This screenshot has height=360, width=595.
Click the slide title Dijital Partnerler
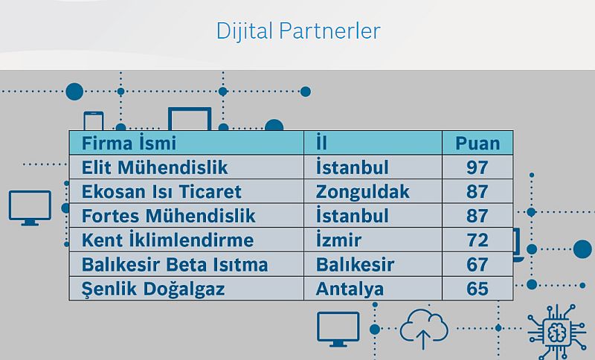click(298, 30)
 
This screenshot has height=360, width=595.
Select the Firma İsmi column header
click(129, 143)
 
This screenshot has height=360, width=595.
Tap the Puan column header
click(477, 144)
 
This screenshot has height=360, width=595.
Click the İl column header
click(321, 143)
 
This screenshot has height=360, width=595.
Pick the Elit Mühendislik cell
click(155, 167)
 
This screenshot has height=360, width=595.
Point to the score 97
click(477, 167)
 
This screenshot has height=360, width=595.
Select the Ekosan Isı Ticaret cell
click(161, 192)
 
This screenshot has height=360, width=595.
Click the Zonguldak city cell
click(362, 192)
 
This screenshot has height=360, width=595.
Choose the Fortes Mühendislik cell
click(169, 216)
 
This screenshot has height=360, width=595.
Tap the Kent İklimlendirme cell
click(167, 240)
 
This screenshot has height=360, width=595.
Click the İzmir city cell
click(338, 240)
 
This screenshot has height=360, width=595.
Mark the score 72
click(477, 240)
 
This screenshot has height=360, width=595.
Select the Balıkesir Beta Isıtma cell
click(175, 264)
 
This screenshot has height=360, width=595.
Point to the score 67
click(477, 264)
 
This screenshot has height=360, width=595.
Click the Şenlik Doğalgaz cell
click(153, 289)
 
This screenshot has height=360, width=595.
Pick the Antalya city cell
click(350, 289)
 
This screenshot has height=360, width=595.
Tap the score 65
click(477, 289)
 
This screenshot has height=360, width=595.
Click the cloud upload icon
click(424, 330)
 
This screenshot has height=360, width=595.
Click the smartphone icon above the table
click(94, 120)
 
